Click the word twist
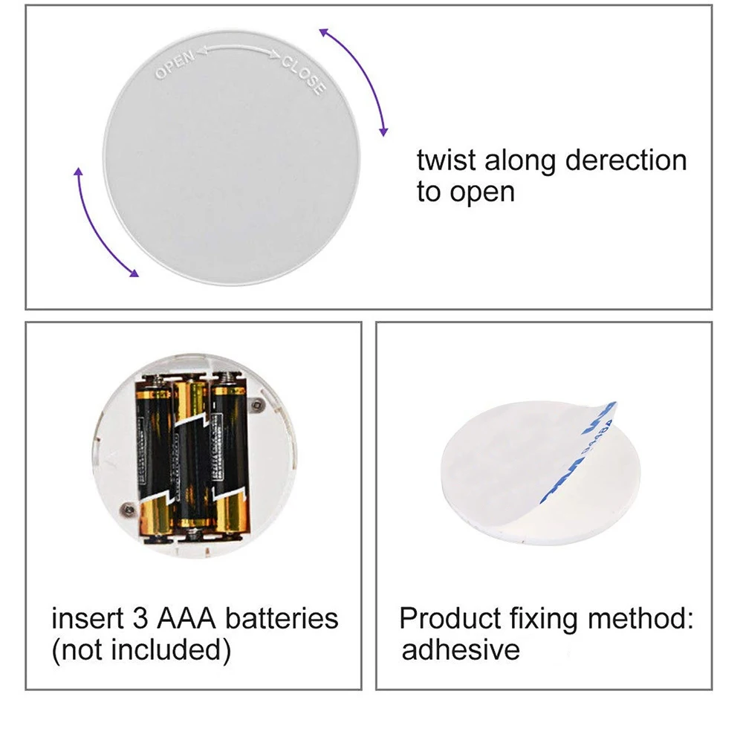pyautogui.click(x=447, y=160)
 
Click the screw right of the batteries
pyautogui.click(x=257, y=404)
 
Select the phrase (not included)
pyautogui.click(x=140, y=650)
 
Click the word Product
pyautogui.click(x=450, y=618)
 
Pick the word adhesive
pyautogui.click(x=461, y=650)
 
